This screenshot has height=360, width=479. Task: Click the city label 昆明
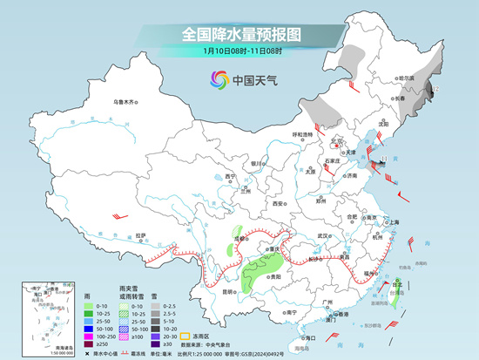coord(227,291)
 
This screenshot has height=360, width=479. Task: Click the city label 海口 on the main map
coord(309,336)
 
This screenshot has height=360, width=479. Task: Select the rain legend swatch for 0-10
coord(91,307)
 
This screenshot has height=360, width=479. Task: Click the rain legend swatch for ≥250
coord(91,343)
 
